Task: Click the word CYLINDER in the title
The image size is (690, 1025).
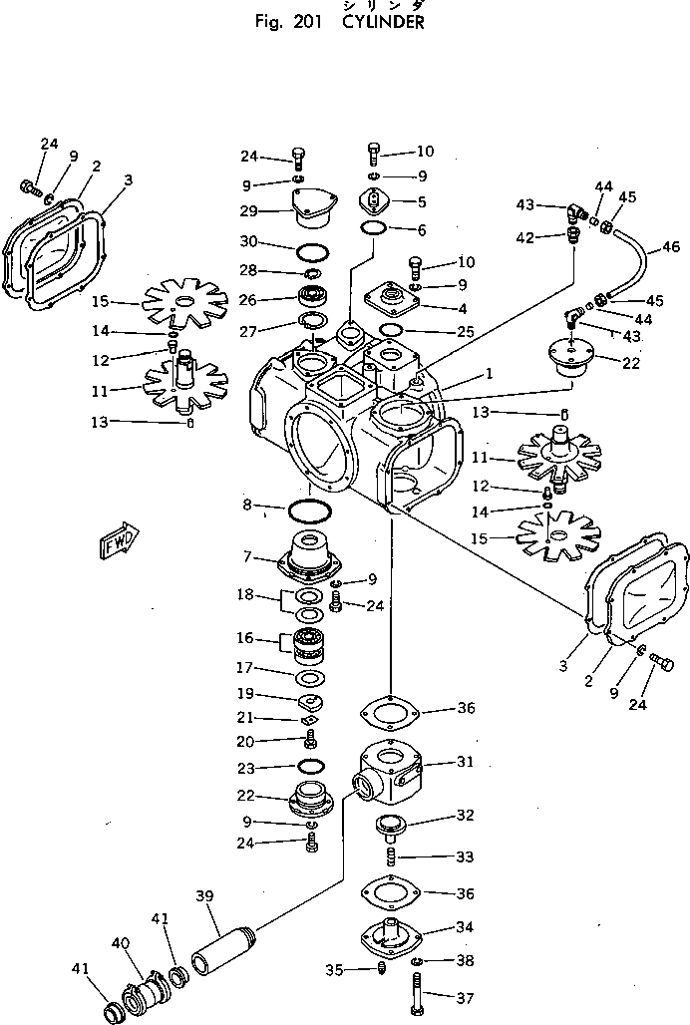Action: click(x=383, y=22)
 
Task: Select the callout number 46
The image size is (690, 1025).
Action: click(x=670, y=246)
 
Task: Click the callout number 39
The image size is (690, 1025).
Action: click(x=205, y=897)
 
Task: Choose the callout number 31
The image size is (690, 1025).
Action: click(x=465, y=762)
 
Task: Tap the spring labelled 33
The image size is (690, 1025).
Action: click(x=392, y=857)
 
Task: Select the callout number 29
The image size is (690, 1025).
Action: click(x=248, y=210)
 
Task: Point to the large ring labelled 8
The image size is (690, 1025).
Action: click(x=308, y=512)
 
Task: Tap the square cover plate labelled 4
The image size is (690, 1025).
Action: click(x=391, y=297)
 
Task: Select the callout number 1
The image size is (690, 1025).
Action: click(x=488, y=374)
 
